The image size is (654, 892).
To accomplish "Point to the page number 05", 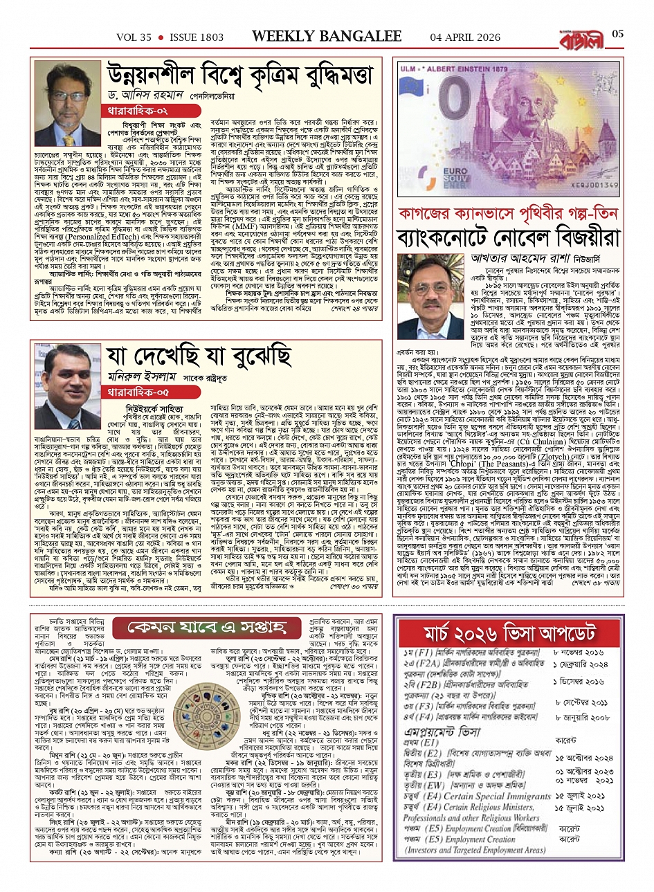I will [618, 35].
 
